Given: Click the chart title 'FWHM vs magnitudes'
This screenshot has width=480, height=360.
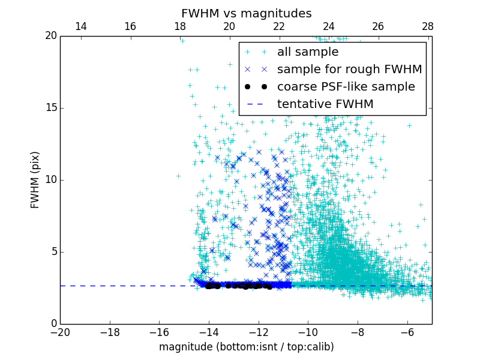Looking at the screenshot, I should [246, 13].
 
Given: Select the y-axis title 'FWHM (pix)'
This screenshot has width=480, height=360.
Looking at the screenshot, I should [35, 179].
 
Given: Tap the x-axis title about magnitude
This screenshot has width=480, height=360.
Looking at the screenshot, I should [246, 347].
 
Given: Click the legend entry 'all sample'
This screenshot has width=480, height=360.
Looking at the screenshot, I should [308, 52].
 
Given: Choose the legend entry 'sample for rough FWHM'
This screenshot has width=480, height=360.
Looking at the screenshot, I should [349, 70].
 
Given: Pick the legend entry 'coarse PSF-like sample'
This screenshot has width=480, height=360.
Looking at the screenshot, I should [346, 87].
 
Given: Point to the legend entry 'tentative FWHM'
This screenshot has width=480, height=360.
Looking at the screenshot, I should [325, 104].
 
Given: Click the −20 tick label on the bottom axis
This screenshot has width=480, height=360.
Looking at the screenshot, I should [60, 332].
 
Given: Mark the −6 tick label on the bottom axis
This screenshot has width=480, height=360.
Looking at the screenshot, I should [407, 332].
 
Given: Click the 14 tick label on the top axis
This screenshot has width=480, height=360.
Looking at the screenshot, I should [80, 26].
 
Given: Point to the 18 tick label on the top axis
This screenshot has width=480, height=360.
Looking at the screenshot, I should [180, 26].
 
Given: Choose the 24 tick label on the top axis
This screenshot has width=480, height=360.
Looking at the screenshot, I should [329, 26].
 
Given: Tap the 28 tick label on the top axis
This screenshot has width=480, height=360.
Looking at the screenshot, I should [428, 26].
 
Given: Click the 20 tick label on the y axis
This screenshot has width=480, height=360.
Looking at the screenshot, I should [50, 36].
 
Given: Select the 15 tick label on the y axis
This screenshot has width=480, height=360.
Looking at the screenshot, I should [50, 108].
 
